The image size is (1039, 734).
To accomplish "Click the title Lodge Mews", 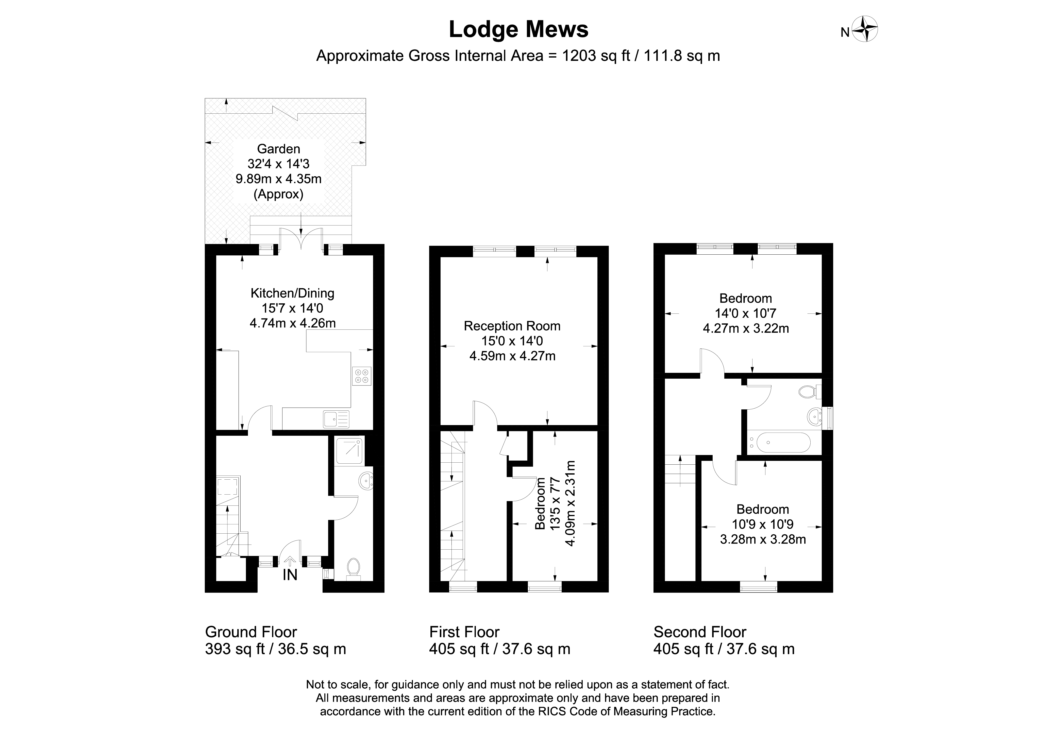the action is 518,29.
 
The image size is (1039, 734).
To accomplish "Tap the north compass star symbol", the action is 865,30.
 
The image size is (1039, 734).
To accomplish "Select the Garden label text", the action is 279,149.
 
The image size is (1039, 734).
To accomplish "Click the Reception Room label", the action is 512,326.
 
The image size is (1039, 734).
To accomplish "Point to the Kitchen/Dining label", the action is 292,293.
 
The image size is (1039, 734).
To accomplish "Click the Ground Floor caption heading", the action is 251,632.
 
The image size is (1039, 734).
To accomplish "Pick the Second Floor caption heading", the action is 700,632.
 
